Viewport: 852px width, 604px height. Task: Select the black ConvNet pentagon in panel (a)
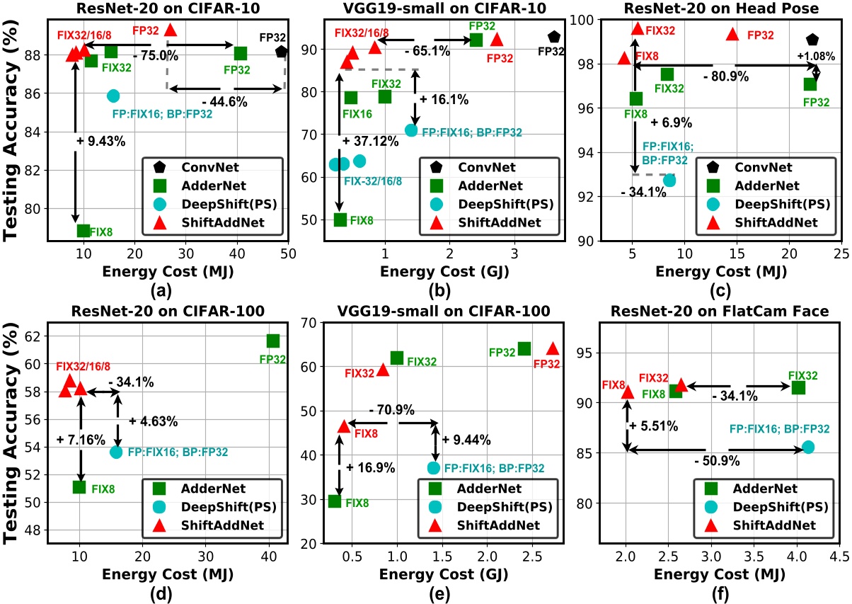coord(282,51)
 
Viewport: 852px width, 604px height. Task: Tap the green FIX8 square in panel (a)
coord(84,230)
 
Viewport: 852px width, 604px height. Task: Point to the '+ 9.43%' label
coord(101,141)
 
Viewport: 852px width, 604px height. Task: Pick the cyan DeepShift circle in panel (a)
coord(113,96)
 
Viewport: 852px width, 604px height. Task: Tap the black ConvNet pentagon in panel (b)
coord(553,37)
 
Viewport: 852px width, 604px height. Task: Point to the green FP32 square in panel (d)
coord(273,341)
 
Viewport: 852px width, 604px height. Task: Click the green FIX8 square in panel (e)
coord(335,501)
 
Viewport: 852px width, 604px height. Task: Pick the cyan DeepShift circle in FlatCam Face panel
coord(808,447)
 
